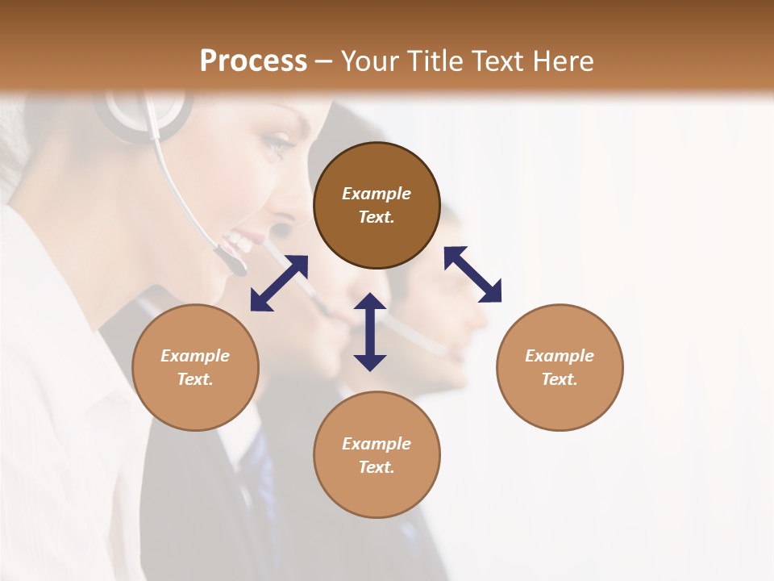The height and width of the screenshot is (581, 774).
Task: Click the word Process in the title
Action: pyautogui.click(x=253, y=61)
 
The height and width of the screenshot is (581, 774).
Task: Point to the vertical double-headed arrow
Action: pyautogui.click(x=370, y=332)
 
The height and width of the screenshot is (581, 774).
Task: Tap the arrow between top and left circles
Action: pyautogui.click(x=279, y=283)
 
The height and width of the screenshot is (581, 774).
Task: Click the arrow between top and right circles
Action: pyautogui.click(x=472, y=274)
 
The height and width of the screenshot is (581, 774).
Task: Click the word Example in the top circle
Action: pyautogui.click(x=377, y=194)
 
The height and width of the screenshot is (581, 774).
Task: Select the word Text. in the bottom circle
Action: pyautogui.click(x=377, y=467)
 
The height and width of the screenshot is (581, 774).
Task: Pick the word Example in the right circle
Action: pyautogui.click(x=560, y=356)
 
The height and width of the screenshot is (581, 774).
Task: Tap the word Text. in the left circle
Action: pyautogui.click(x=195, y=379)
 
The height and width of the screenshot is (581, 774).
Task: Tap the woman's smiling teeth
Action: pyautogui.click(x=240, y=239)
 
